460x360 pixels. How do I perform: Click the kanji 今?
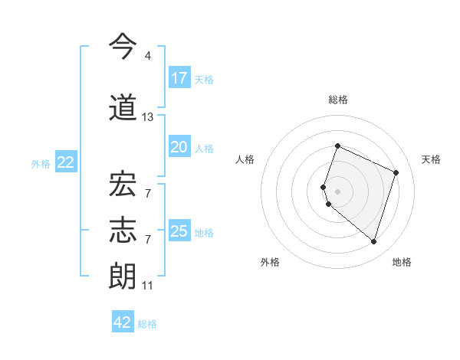coord(123,47)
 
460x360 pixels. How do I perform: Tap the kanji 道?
coord(123,108)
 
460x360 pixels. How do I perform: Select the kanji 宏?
coord(123,185)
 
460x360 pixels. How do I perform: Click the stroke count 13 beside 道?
coord(148,117)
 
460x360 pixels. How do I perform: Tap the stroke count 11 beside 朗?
coord(148,286)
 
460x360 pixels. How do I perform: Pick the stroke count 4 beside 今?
coord(148,56)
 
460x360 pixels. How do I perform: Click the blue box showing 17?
coord(179,78)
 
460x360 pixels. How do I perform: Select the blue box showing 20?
coord(179,147)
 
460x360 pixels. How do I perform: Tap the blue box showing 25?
coord(179,231)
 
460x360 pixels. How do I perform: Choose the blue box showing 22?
coord(66,162)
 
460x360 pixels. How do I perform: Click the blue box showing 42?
coord(123,322)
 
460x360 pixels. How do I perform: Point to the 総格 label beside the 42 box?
coord(147,324)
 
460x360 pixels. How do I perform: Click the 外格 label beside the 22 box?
coord(41,163)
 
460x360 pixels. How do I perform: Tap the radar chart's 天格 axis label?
coord(431,159)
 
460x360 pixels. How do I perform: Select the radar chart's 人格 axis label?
coord(245,159)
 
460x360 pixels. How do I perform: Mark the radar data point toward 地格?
coord(373,242)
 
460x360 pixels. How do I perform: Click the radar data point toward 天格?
coord(396,172)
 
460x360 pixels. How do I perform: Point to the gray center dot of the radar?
coord(338,191)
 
